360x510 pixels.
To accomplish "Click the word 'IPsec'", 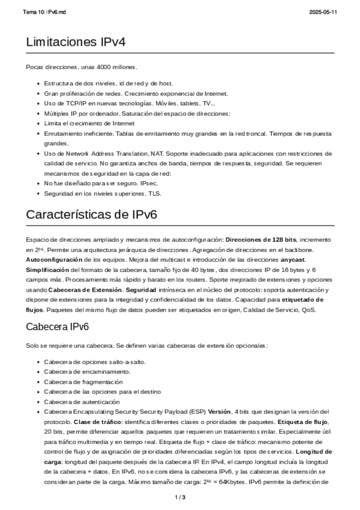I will click(x=141, y=183).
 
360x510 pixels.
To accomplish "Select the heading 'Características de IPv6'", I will click(x=91, y=215).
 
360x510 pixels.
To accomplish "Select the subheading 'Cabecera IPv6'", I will click(x=58, y=327).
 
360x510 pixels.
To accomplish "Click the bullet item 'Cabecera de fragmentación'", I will click(x=83, y=382).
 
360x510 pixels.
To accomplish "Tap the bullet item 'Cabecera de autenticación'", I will click(x=82, y=401).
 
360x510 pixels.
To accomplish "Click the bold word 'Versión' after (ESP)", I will click(x=220, y=411).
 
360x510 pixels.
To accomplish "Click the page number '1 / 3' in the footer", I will click(x=180, y=497).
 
